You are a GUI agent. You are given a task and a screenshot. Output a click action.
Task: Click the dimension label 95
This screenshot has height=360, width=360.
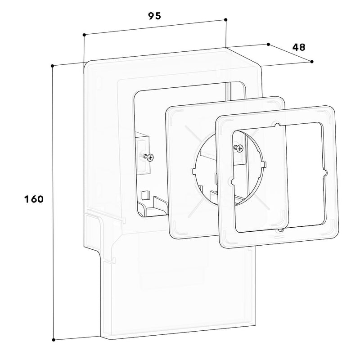click(154, 16)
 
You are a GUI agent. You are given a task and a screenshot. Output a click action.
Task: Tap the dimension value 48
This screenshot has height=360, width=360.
click(299, 47)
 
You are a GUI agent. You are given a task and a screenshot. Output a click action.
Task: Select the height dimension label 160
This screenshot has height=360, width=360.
click(34, 199)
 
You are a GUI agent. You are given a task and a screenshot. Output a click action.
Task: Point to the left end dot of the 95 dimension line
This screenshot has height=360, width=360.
click(84, 35)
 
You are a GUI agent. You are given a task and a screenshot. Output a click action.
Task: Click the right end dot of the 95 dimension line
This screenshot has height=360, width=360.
click(225, 20)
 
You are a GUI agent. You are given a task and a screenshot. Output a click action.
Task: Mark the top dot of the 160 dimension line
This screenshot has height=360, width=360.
click(52, 66)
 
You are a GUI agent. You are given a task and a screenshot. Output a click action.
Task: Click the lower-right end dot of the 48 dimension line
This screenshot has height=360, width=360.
click(311, 62)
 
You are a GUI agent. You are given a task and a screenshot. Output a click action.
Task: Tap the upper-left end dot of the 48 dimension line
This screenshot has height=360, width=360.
click(268, 44)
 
